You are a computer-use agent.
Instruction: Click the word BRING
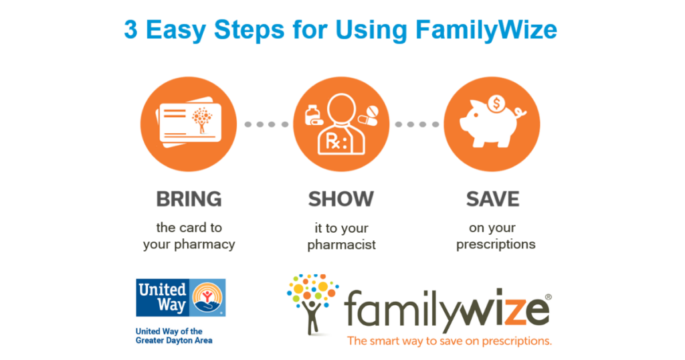coord(189,199)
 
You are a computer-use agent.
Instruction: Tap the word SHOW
coord(340,199)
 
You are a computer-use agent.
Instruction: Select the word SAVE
coord(492,199)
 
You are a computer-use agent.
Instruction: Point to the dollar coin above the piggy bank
coord(496,104)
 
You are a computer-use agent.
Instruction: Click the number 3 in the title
coord(130,30)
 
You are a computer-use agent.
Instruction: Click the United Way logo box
coord(181,298)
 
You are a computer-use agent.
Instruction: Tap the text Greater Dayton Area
coord(174,341)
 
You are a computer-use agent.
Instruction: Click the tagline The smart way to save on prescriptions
coord(450,341)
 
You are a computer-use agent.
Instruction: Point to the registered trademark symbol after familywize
coord(549,297)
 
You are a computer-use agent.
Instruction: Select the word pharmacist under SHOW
coord(341,245)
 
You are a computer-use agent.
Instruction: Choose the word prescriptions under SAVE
coord(496,245)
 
